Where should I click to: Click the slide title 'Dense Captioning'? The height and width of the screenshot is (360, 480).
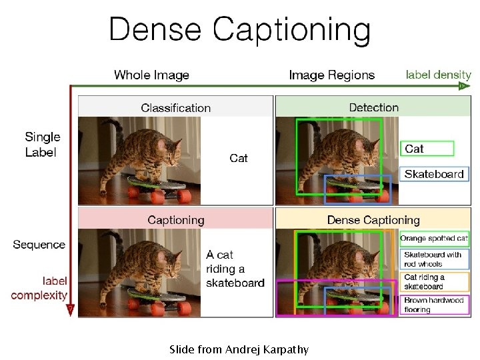[x=239, y=30]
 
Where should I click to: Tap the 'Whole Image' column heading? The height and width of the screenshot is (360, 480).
[x=151, y=75]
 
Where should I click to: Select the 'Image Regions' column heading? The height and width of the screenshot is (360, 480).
[x=331, y=75]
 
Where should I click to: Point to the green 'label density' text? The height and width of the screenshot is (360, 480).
[x=438, y=75]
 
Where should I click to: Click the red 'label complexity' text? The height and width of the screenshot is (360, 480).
[x=39, y=288]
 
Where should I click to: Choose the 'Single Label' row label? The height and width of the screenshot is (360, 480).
[x=43, y=145]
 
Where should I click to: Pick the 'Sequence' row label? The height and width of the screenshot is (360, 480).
[x=39, y=245]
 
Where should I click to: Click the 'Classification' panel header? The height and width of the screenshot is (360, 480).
[x=175, y=107]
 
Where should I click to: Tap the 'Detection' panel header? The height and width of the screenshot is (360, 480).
[x=373, y=107]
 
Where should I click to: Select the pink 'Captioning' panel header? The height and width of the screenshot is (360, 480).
[x=176, y=219]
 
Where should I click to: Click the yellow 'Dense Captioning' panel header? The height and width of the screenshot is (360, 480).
[x=373, y=219]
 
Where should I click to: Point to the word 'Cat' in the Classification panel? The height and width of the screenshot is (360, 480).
[x=239, y=158]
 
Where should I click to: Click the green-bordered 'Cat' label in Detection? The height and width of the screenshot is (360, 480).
[x=427, y=149]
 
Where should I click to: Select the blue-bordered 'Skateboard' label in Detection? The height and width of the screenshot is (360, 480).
[x=434, y=174]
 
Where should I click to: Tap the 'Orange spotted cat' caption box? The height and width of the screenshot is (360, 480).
[x=434, y=239]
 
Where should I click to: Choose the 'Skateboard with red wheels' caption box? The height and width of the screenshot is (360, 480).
[x=434, y=259]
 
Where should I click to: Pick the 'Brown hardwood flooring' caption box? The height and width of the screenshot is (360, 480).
[x=434, y=305]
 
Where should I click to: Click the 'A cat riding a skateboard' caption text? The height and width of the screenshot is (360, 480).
[x=235, y=268]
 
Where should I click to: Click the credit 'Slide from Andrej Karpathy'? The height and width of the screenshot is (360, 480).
[x=239, y=349]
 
